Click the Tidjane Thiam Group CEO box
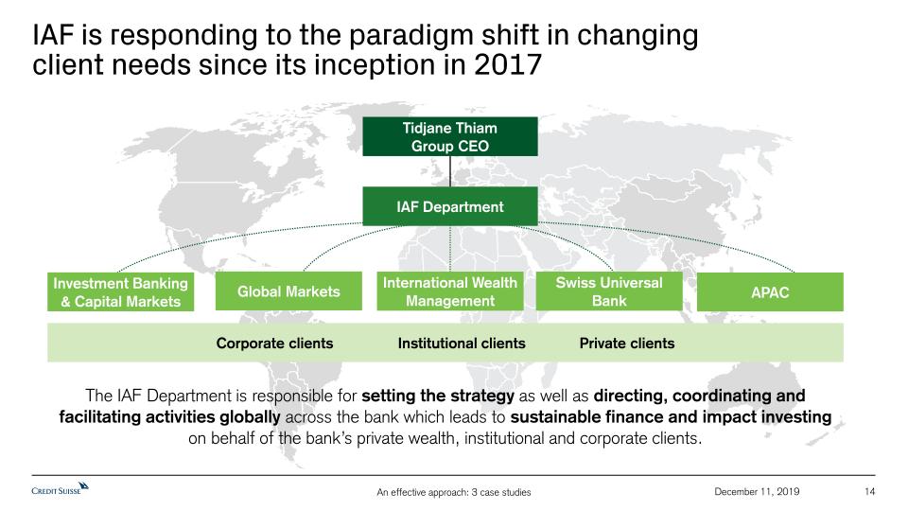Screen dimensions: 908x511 pos(450,136)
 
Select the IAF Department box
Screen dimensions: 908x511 pos(450,206)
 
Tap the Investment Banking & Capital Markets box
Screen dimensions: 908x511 pos(120,292)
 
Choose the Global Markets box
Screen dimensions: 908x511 pos(288,291)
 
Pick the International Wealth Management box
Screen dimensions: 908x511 pos(450,291)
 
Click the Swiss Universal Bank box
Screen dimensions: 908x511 pos(609,291)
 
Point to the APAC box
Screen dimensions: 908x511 pos(770,292)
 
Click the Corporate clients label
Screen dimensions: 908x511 pos(274,344)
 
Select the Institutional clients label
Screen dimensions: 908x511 pos(462,344)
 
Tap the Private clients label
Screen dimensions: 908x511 pos(627,344)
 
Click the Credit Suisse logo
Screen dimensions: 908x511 pos(61,488)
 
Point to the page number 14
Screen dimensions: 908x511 pos(869,492)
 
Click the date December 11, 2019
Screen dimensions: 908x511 pos(757,492)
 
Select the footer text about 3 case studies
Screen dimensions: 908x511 pos(453,492)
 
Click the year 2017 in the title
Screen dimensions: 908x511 pos(508,64)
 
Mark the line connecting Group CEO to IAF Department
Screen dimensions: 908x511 pos(450,171)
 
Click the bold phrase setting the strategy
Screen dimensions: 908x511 pos(438,396)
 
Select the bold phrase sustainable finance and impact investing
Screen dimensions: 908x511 pos(671,417)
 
